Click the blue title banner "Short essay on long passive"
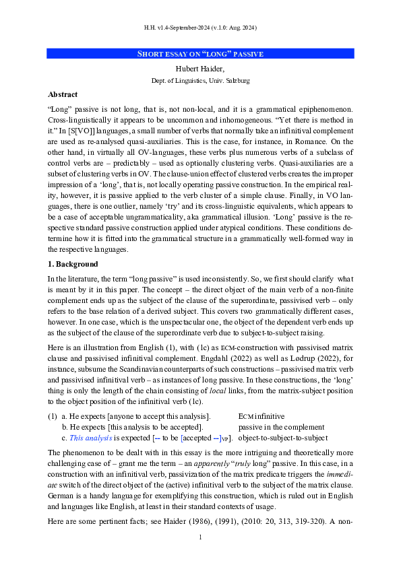pos(200,54)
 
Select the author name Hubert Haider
pos(200,68)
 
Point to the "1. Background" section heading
pos(73,264)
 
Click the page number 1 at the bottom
pos(200,537)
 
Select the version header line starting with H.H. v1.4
pos(200,28)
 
